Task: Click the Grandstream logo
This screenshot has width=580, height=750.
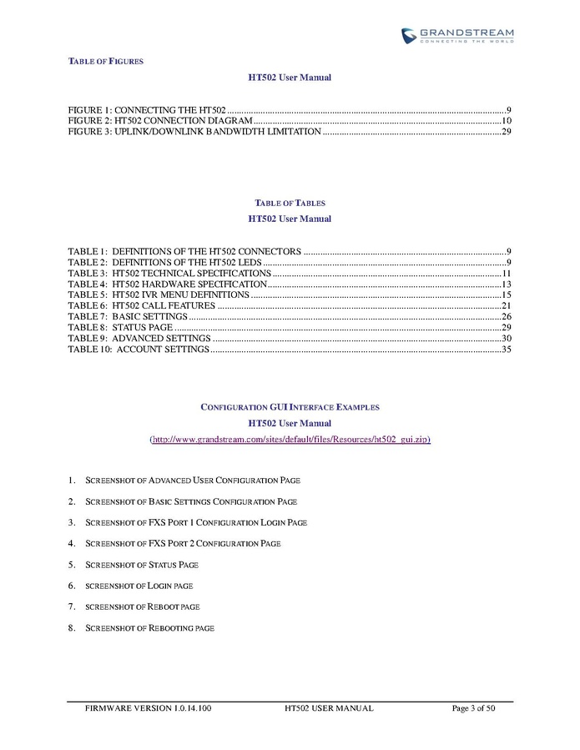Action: [456, 36]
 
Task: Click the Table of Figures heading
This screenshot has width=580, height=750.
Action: [105, 61]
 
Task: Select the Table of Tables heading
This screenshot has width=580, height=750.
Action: [290, 203]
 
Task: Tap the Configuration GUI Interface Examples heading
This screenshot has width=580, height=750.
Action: [290, 407]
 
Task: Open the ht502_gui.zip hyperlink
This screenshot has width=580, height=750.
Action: [290, 439]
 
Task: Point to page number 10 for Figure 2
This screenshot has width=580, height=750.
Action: [506, 121]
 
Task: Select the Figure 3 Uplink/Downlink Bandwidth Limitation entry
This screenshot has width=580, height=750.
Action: [194, 132]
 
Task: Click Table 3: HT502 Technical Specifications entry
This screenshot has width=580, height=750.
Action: [169, 273]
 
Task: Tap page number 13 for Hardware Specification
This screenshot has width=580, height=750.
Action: [506, 284]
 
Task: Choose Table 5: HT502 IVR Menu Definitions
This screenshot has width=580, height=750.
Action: [158, 295]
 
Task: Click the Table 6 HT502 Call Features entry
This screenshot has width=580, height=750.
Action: [142, 306]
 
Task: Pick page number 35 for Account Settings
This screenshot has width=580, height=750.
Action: [506, 350]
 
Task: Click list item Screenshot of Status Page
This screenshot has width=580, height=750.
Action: [142, 565]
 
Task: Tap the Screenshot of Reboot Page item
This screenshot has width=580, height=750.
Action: [143, 607]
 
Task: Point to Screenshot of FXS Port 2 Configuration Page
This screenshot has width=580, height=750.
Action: [183, 543]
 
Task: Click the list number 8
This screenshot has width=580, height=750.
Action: [72, 627]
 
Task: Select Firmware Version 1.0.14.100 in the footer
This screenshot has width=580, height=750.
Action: [148, 708]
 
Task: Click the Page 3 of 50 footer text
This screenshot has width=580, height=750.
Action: [473, 708]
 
